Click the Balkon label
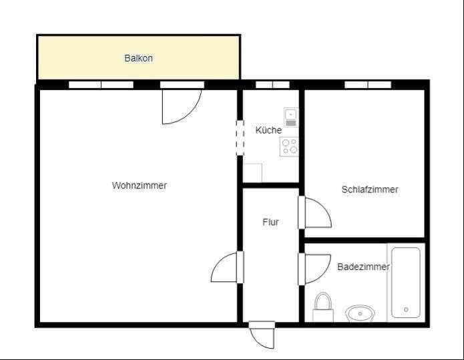pos(138,58)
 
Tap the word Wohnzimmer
pos(140,186)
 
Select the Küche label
pos(268,130)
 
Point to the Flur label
pos(270,222)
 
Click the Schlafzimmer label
pos(370,190)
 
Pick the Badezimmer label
pos(363,266)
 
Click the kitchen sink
pos(291,117)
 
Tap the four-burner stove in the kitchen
pos(289,147)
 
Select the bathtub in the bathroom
pos(406,283)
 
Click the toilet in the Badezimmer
pos(323,307)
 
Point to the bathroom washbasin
pos(360,313)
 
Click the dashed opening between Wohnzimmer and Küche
pos(240,138)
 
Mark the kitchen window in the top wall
pos(272,85)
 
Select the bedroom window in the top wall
pos(368,85)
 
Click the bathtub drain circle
pos(406,310)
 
